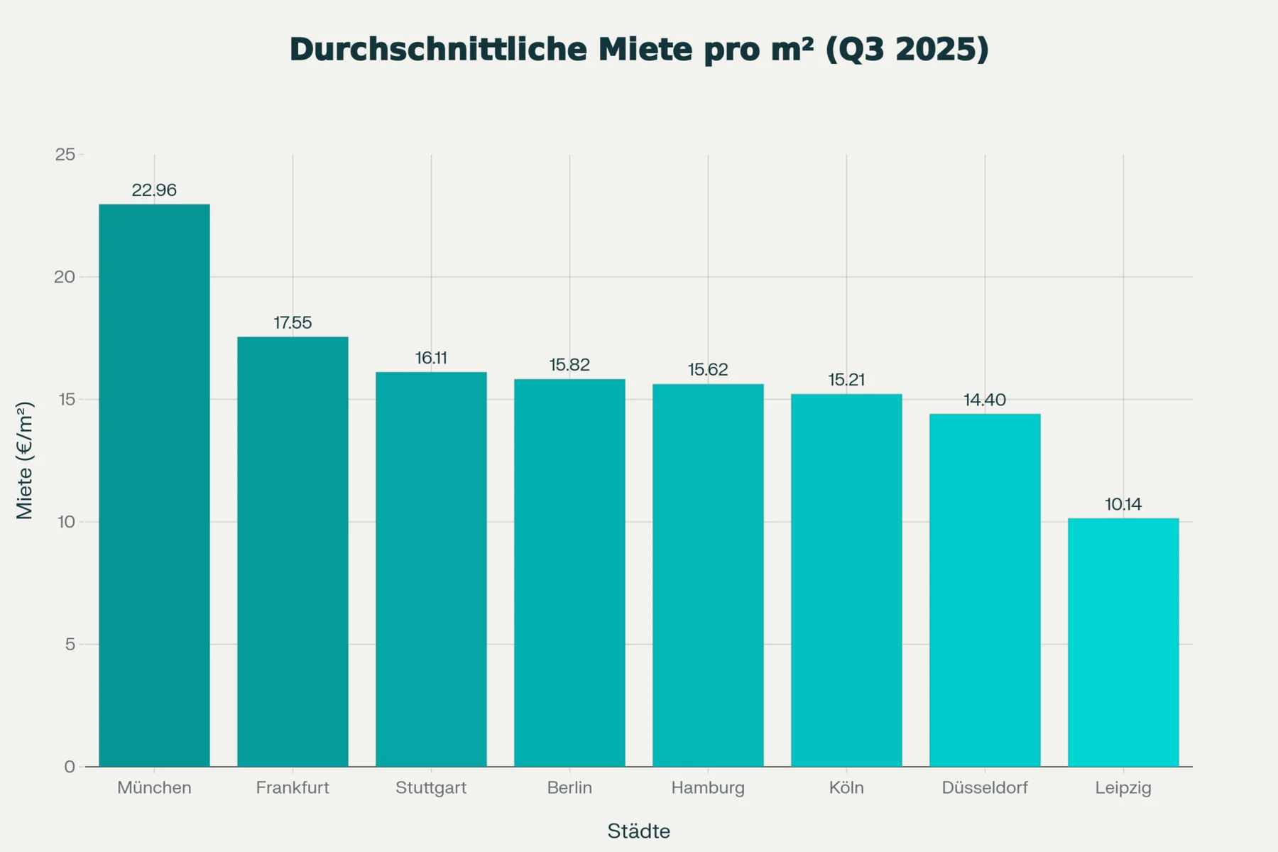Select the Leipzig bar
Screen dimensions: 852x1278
tap(1123, 642)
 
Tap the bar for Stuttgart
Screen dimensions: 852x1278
tap(431, 569)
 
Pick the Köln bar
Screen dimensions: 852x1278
tap(846, 580)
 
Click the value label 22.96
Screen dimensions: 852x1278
tap(154, 190)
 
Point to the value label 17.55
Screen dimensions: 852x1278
tap(293, 323)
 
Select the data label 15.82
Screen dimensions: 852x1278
tap(569, 365)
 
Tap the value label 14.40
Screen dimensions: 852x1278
tap(984, 400)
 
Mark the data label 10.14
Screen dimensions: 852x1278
tap(1123, 504)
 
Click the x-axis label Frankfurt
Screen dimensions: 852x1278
tap(293, 787)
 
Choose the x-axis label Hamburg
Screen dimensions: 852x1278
tap(708, 787)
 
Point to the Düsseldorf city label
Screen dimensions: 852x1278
tap(984, 787)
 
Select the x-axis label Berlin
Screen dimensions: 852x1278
tap(569, 787)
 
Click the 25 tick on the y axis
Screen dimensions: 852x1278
tap(65, 155)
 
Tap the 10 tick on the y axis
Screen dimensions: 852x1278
tap(66, 522)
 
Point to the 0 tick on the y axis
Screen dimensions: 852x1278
tap(70, 767)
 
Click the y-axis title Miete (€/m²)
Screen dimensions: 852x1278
tap(25, 460)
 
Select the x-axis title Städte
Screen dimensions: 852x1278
tap(638, 831)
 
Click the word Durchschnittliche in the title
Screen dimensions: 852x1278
tap(438, 50)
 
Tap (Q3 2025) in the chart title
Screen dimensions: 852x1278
tap(907, 50)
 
